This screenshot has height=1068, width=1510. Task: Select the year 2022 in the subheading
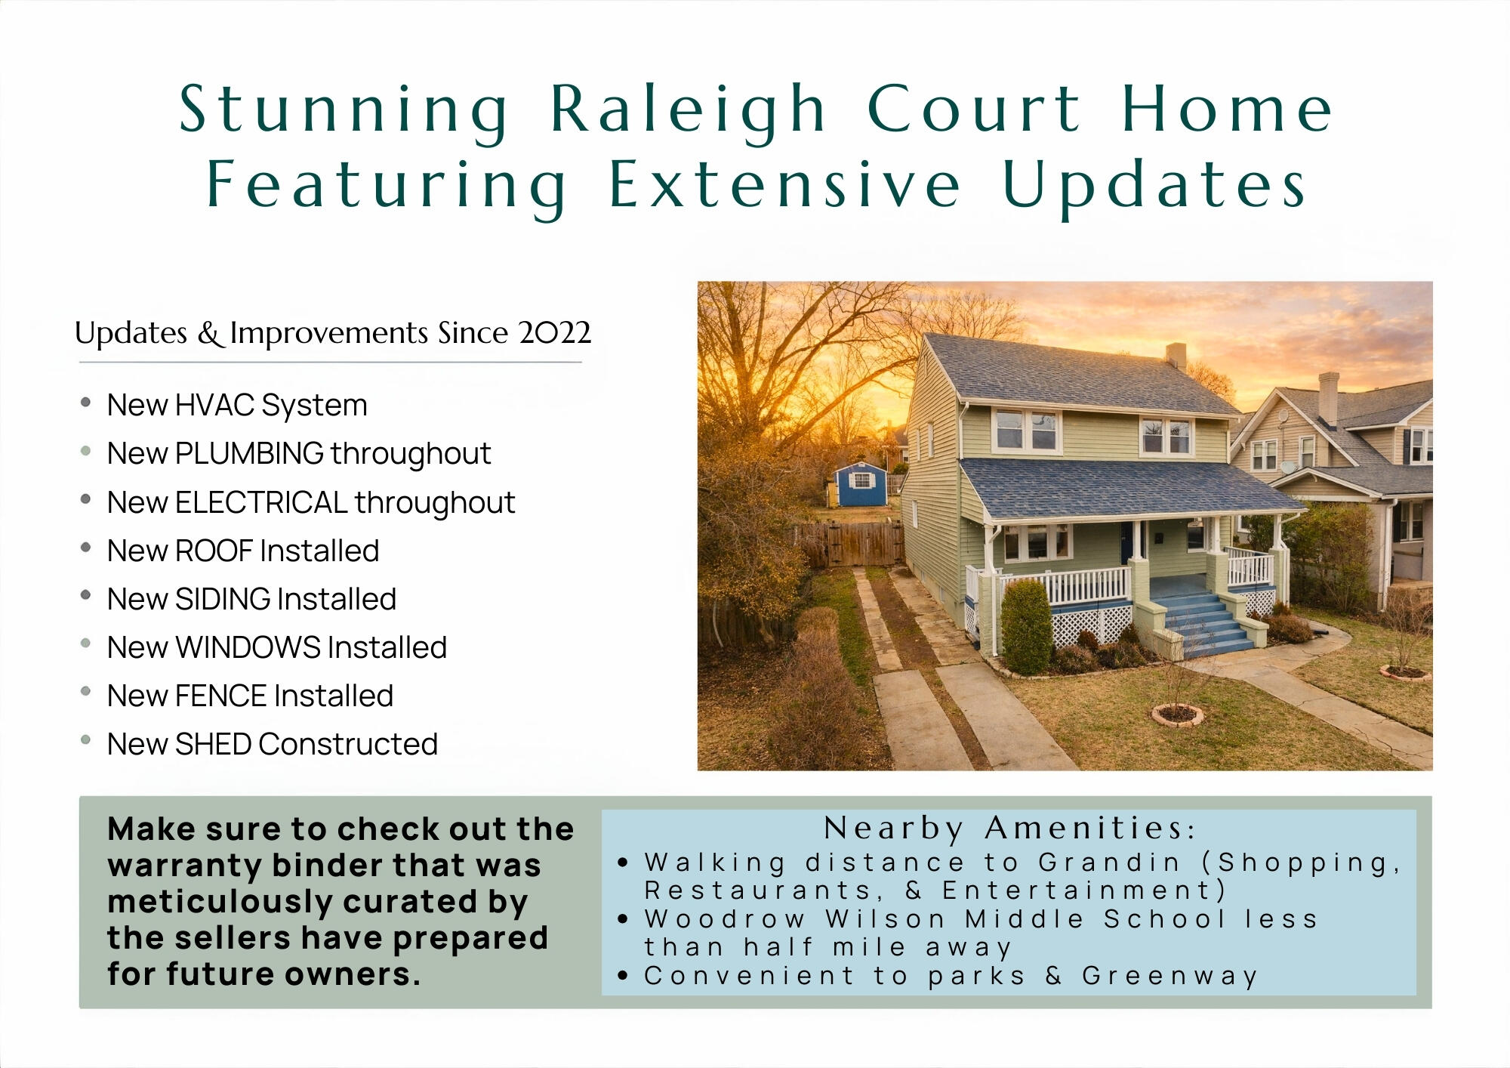point(554,332)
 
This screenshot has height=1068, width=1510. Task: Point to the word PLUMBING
point(249,454)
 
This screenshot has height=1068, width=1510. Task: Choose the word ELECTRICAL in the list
point(261,502)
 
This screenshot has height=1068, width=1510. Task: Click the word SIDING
point(223,599)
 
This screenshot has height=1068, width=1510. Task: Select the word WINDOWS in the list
point(248,647)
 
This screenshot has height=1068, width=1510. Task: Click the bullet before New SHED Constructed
point(86,740)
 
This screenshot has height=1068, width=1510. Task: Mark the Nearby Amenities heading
point(1009,829)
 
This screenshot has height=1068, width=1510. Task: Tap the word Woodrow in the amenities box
point(725,919)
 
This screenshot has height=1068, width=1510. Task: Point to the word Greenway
point(1169,977)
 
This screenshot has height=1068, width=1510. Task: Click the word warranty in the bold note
point(183,866)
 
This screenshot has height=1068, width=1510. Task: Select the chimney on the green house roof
point(1176,356)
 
